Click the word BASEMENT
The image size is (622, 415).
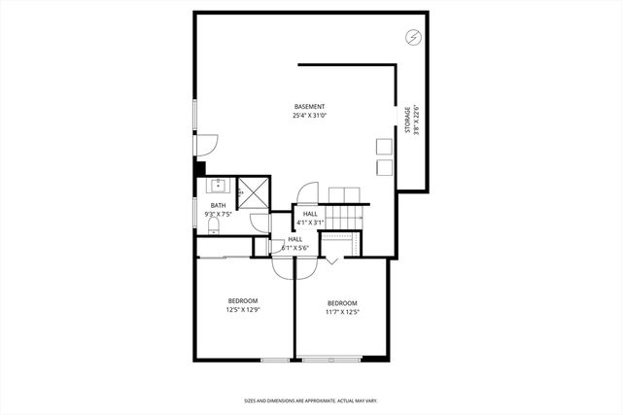pyautogui.click(x=310, y=106)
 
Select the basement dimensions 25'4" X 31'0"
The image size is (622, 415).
pyautogui.click(x=310, y=116)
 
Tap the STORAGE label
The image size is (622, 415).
pyautogui.click(x=407, y=121)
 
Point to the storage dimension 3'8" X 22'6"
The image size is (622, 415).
pyautogui.click(x=416, y=121)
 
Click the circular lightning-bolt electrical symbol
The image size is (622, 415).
pyautogui.click(x=414, y=38)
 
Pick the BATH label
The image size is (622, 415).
pyautogui.click(x=218, y=205)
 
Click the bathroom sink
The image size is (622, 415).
pyautogui.click(x=218, y=184)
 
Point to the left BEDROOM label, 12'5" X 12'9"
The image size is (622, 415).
pyautogui.click(x=243, y=305)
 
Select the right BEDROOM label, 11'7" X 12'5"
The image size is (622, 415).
pyautogui.click(x=342, y=307)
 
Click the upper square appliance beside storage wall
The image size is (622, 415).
pyautogui.click(x=383, y=146)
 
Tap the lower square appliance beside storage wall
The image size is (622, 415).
pyautogui.click(x=383, y=167)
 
